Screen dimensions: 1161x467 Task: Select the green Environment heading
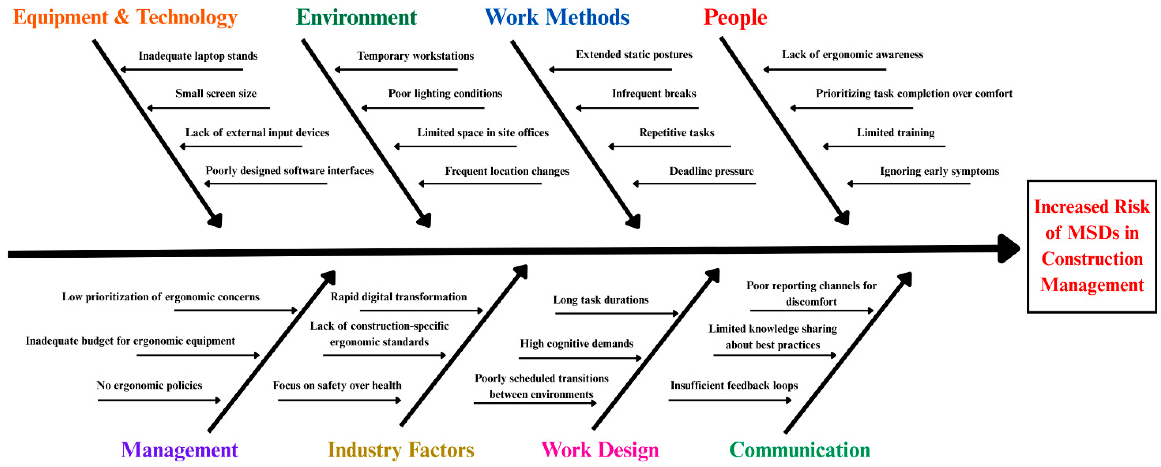click(356, 18)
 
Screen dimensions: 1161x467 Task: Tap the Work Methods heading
click(557, 18)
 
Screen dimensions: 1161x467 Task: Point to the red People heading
click(735, 18)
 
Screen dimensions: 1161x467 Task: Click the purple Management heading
click(179, 449)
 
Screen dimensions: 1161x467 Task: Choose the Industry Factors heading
click(401, 449)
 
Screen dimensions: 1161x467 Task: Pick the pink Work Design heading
click(600, 449)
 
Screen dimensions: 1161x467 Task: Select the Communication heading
click(800, 449)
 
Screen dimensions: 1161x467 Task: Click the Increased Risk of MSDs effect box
click(1092, 246)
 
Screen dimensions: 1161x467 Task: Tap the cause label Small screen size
click(216, 93)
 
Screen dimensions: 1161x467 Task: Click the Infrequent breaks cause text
click(654, 93)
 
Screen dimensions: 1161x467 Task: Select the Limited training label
click(896, 132)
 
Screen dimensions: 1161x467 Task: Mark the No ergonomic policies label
click(149, 385)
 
